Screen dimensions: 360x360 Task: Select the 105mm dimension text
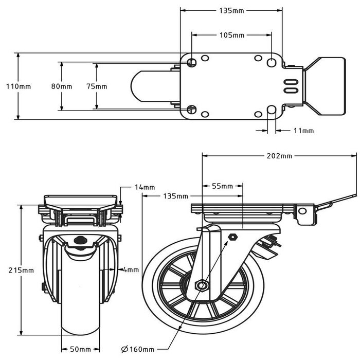click(x=231, y=35)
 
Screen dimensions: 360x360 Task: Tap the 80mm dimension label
click(x=62, y=86)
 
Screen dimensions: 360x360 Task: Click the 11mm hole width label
click(x=303, y=131)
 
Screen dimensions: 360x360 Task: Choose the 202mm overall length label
click(x=279, y=155)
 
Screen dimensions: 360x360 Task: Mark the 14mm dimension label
click(x=145, y=188)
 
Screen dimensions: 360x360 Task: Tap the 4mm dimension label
click(x=131, y=269)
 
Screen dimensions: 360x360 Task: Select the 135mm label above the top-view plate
click(x=231, y=10)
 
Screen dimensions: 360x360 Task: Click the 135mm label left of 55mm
click(x=175, y=196)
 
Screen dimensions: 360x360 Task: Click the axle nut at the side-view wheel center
click(x=202, y=285)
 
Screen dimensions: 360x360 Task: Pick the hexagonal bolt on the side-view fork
click(x=232, y=237)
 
